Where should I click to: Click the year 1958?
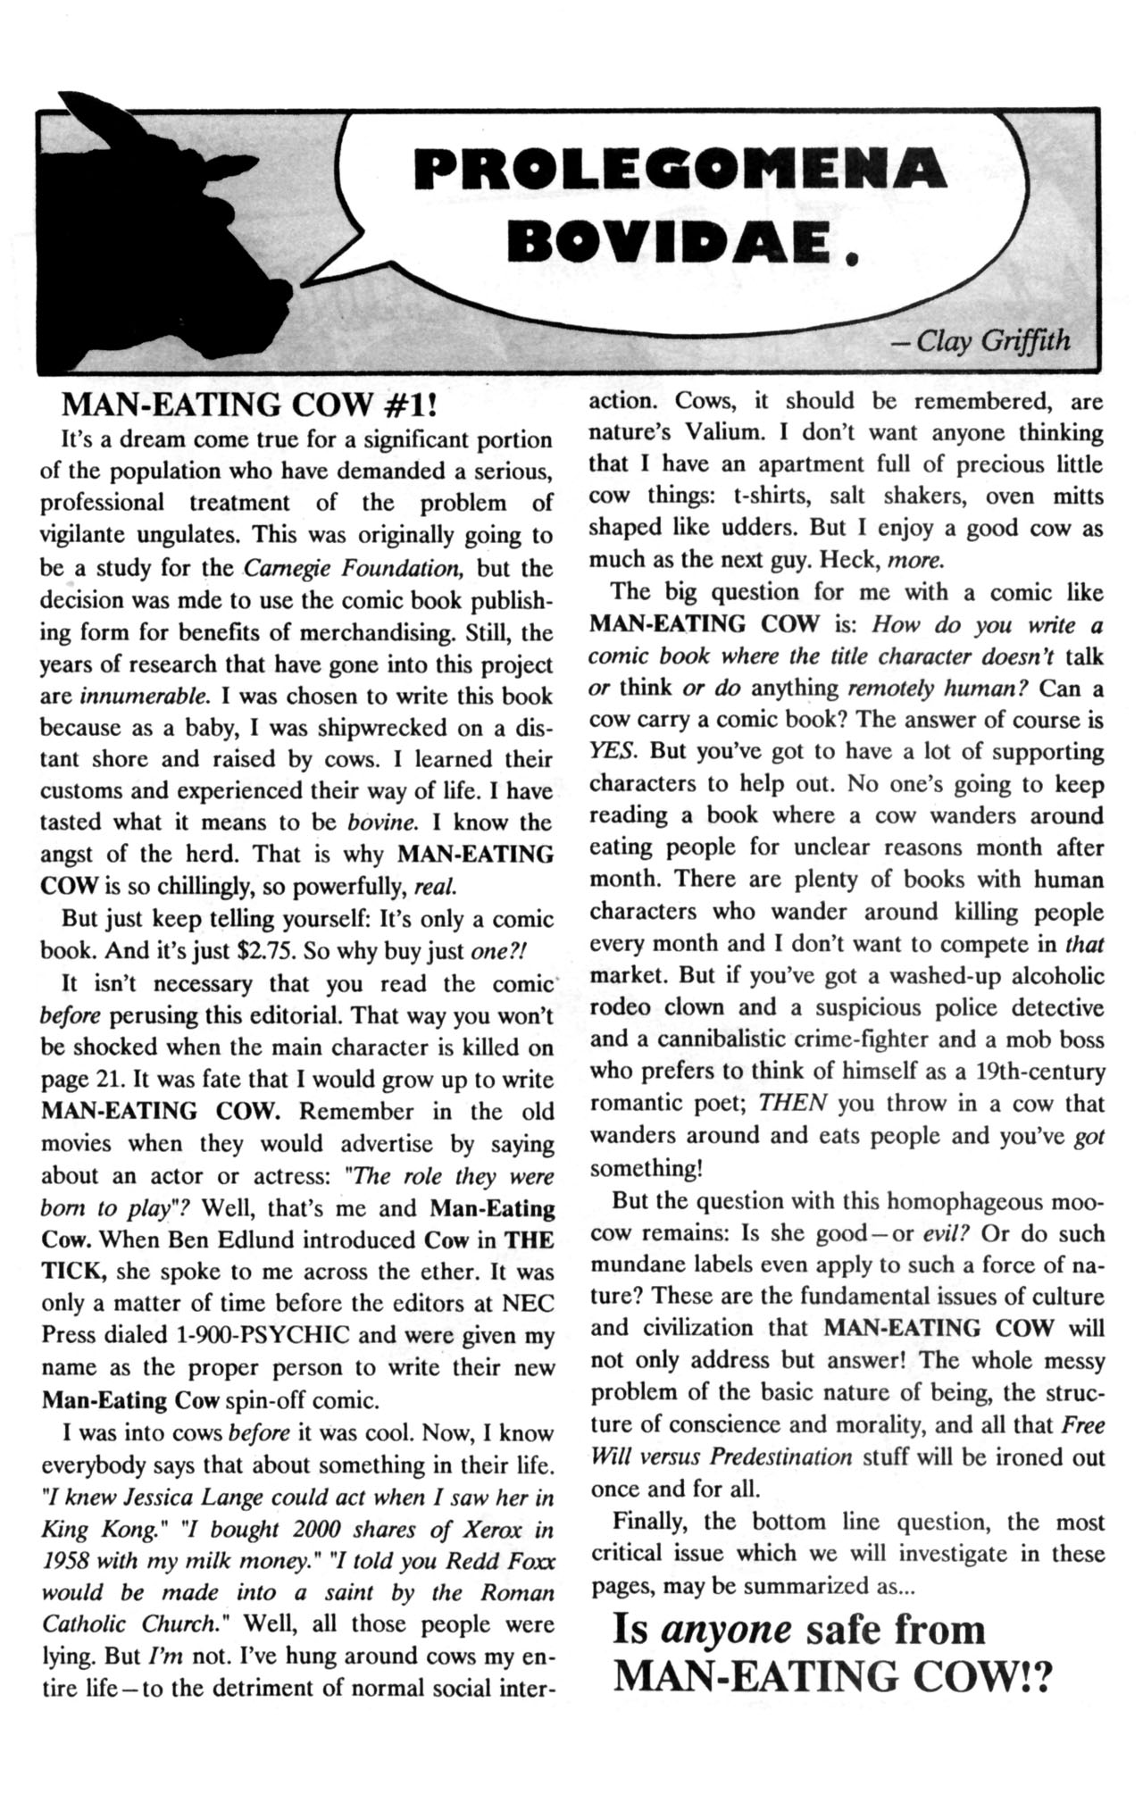click(x=71, y=1562)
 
